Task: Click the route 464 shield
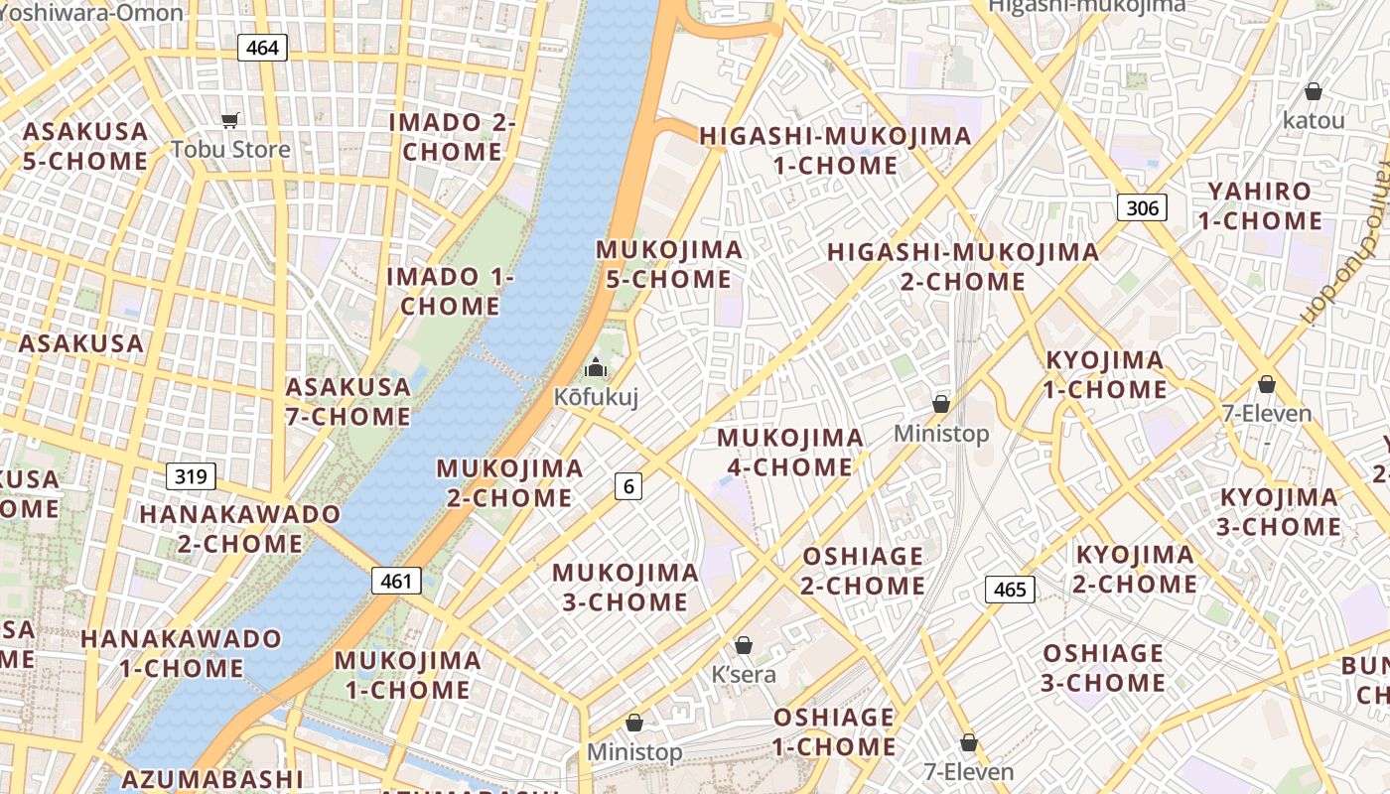tap(262, 48)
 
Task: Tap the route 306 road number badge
tap(1142, 207)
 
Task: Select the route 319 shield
tap(190, 476)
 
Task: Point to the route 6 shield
tap(627, 485)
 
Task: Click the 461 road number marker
tap(396, 581)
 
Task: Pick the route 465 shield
tap(1010, 590)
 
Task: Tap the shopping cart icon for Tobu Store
tap(230, 120)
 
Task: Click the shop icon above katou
tap(1314, 91)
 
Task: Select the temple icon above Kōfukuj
tap(596, 367)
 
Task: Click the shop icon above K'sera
tap(744, 645)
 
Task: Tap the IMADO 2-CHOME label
tap(452, 137)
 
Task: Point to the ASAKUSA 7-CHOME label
tap(347, 401)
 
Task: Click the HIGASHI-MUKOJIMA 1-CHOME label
tap(835, 151)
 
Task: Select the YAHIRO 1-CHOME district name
tap(1259, 205)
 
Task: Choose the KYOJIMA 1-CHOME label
tap(1104, 374)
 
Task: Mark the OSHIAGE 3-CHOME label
tap(1103, 668)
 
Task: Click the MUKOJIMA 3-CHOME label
tap(625, 587)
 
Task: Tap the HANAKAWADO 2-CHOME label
tap(240, 529)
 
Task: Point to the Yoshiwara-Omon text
tap(92, 13)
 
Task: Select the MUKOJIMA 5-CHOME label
tap(669, 264)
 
